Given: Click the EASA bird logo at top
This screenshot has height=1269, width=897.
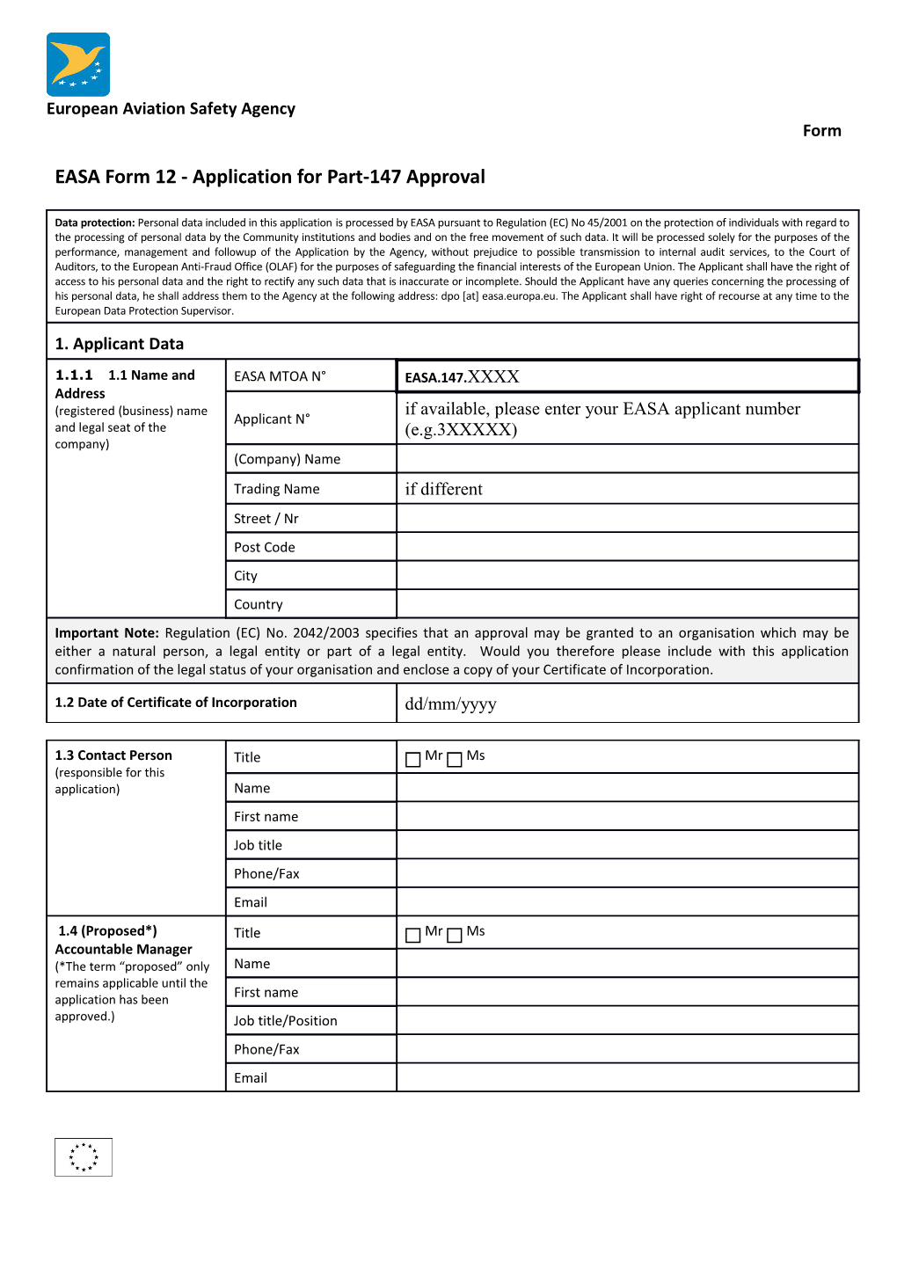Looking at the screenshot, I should click(78, 64).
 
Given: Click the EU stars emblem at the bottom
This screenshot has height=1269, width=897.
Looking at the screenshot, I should click(84, 1157).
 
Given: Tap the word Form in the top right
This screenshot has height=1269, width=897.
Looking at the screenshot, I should click(821, 131).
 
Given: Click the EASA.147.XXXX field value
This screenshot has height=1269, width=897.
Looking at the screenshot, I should click(463, 377).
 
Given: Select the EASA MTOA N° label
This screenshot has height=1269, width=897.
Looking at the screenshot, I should click(280, 376).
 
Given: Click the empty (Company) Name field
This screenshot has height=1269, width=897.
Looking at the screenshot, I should click(627, 459).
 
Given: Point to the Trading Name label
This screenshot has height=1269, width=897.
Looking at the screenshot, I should click(276, 489).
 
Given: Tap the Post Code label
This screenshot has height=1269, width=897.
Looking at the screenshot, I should click(264, 547).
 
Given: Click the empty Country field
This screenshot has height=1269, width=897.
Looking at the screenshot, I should click(627, 604).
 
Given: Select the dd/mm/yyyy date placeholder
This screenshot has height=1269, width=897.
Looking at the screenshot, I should click(450, 704).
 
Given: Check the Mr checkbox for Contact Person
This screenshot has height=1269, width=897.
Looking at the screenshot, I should click(413, 760).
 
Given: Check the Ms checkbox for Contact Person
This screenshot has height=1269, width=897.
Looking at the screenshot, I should click(455, 760).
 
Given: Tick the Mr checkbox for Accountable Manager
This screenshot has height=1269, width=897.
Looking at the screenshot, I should click(413, 936).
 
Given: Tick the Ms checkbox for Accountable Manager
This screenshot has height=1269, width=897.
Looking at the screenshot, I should click(455, 936).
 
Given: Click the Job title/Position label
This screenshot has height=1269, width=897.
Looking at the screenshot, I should click(285, 1021).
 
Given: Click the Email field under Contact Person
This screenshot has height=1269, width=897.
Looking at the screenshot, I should click(627, 902).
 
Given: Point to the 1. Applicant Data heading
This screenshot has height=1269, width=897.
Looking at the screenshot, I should click(120, 344).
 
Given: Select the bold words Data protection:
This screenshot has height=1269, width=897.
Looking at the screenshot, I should click(95, 223).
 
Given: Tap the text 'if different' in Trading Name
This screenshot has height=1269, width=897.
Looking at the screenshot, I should click(443, 489).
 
